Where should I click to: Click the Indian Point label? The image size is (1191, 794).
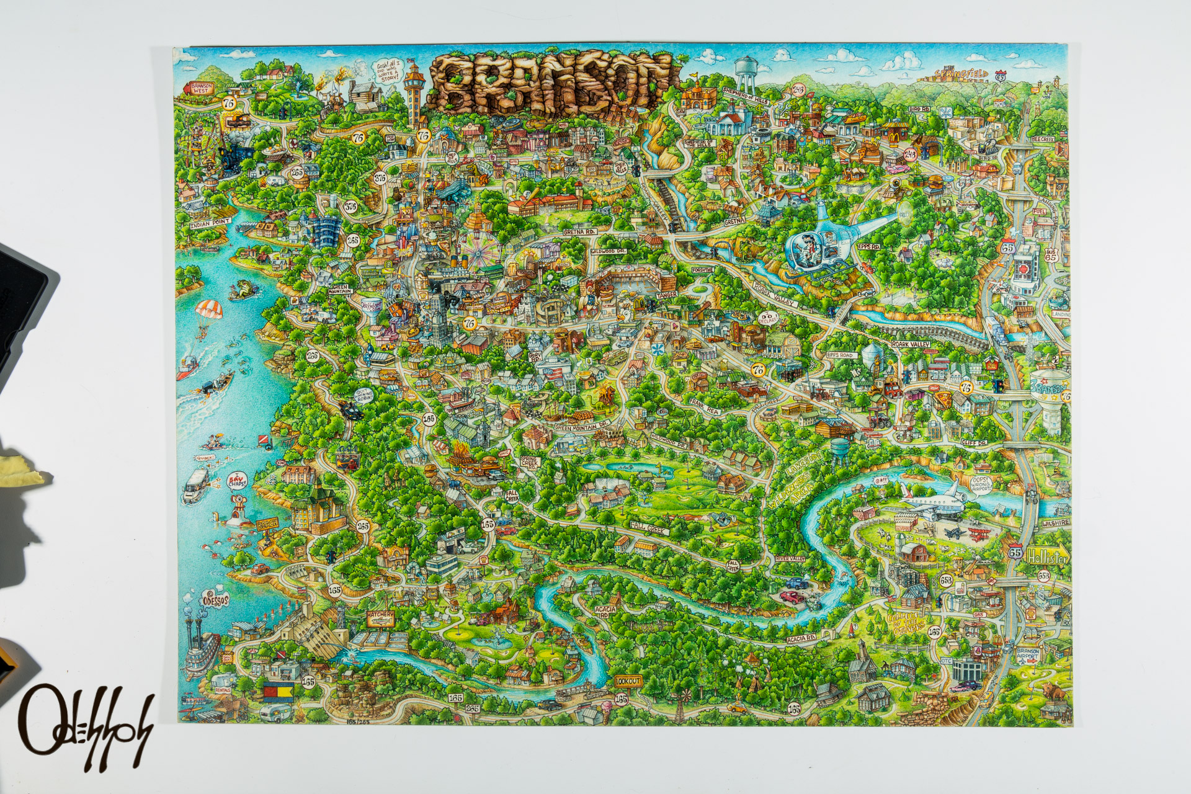[x=211, y=221]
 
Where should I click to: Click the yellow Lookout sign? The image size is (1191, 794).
[x=627, y=679]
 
